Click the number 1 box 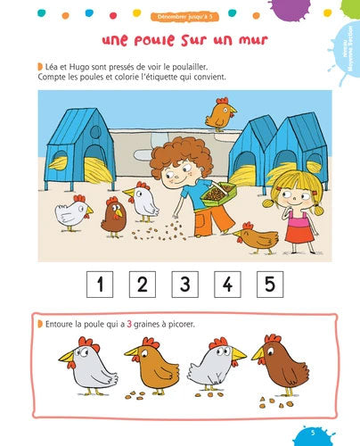tap(100, 285)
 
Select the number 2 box tap(143, 285)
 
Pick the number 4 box tap(227, 285)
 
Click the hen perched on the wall tap(219, 112)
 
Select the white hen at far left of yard tap(72, 211)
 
